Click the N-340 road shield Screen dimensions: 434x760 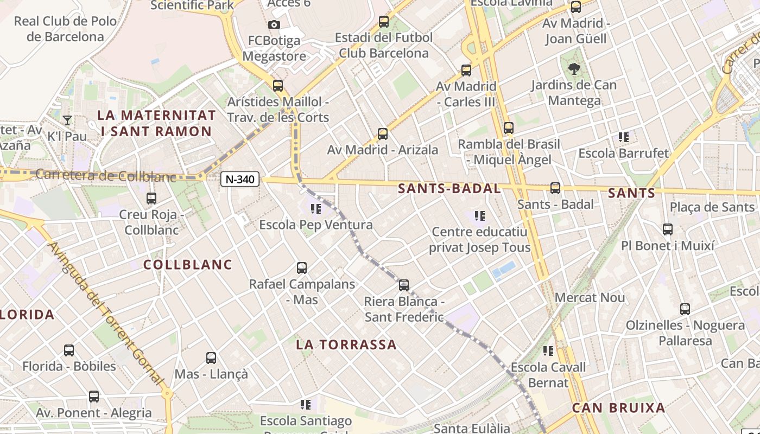tap(240, 179)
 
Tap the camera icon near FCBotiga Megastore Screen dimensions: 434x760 tap(274, 24)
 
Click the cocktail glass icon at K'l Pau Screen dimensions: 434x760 tap(67, 120)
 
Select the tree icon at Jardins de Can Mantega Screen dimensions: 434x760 tap(574, 69)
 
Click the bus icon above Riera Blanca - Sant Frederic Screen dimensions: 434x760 tap(404, 285)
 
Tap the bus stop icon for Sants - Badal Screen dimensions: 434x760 tap(555, 188)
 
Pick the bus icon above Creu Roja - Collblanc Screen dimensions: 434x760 tap(151, 199)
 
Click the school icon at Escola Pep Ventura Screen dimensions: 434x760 tap(315, 208)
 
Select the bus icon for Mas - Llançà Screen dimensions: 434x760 tap(211, 358)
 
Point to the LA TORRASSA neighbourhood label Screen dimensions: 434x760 tap(346, 344)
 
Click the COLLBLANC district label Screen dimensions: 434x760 tap(188, 265)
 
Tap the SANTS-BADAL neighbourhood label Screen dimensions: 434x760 tap(449, 189)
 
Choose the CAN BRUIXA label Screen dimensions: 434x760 tap(618, 408)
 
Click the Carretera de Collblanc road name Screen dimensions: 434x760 tap(106, 176)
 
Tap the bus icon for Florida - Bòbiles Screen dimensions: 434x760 tap(69, 350)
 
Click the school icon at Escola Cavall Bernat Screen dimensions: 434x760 tap(548, 351)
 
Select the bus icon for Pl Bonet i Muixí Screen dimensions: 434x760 tap(668, 229)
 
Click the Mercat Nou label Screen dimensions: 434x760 tap(590, 298)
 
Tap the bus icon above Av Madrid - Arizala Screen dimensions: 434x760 tap(383, 133)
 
